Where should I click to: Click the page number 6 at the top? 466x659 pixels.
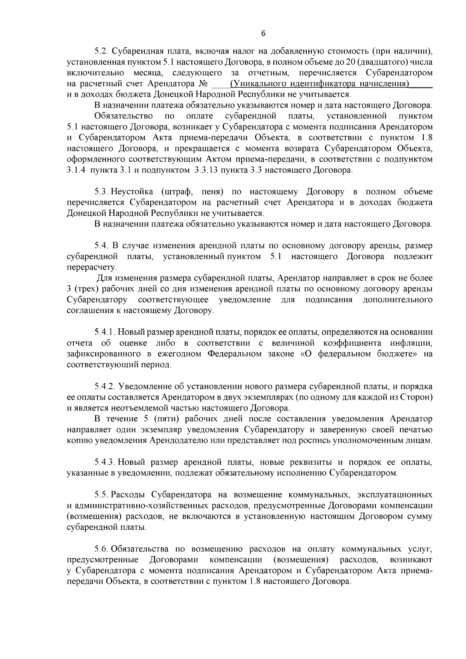[263, 34]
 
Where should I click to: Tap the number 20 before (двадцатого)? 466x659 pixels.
[350, 62]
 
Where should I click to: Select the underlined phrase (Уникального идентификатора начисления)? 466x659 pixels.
[319, 84]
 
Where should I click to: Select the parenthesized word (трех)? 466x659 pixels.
[86, 289]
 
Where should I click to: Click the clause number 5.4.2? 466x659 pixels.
[106, 387]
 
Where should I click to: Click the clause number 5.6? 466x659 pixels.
[102, 549]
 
